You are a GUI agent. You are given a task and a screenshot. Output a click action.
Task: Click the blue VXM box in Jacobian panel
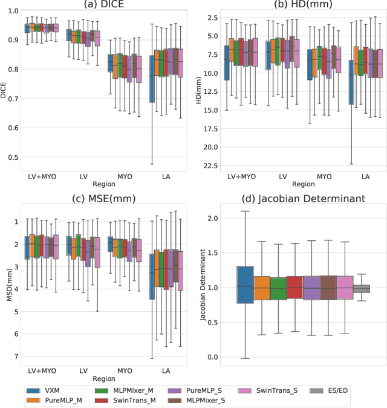pos(246,285)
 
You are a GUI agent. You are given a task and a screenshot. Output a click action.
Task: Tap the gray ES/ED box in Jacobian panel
pos(361,289)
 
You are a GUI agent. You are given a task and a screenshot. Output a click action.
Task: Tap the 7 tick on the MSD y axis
pos(16,356)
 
